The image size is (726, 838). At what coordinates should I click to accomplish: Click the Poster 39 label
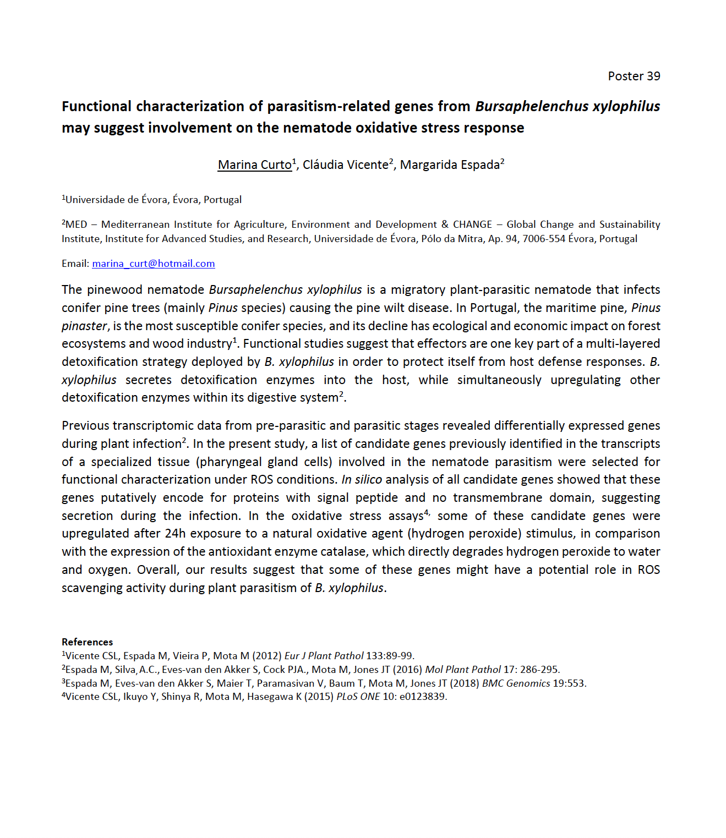634,76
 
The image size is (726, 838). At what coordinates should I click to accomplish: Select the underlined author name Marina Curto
254,165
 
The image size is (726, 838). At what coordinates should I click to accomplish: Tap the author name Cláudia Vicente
346,165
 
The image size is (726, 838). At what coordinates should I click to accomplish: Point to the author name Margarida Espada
450,165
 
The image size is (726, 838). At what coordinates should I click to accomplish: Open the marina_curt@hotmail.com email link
153,264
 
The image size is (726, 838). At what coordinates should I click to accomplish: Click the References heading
87,642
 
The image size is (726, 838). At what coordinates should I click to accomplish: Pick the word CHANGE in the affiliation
472,224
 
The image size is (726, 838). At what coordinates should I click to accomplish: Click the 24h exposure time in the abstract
175,534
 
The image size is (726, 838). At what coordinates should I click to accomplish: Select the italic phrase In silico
362,480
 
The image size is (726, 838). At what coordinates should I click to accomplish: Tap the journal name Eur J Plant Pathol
324,655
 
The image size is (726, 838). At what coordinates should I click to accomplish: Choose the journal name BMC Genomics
516,683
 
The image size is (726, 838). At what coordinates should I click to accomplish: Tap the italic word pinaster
84,326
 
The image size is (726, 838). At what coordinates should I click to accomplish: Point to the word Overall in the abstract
157,570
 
